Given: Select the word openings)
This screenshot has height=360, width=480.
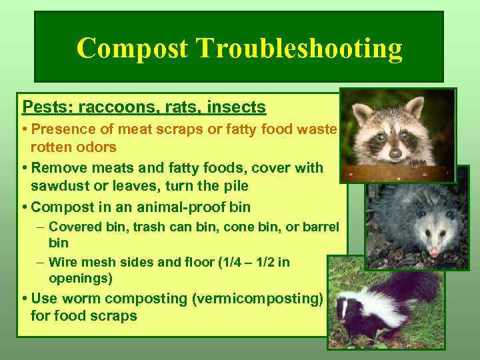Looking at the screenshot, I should click(x=81, y=277).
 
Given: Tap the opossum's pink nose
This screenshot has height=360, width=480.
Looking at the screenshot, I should click(x=435, y=251).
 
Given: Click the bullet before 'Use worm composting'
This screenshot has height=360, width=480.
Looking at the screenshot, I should click(x=24, y=298).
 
